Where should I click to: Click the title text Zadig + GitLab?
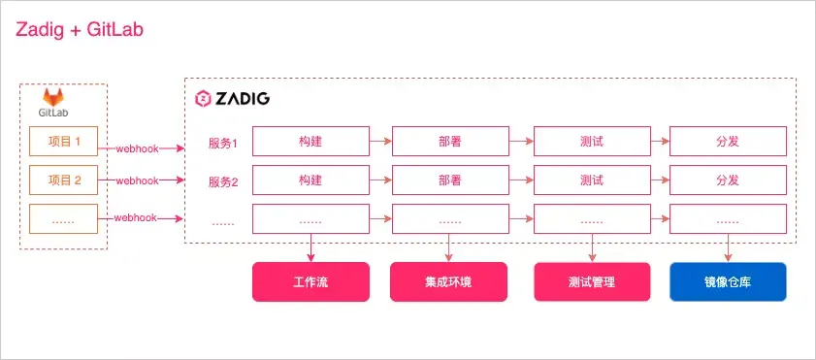(79, 30)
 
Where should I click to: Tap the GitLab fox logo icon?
(52, 98)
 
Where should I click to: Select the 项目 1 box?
(65, 142)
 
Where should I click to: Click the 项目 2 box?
(65, 180)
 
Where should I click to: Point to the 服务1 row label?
(223, 143)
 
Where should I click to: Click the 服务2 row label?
(223, 180)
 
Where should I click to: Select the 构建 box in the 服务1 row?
(310, 142)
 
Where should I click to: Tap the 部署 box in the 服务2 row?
(449, 180)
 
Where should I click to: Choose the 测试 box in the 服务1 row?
(592, 142)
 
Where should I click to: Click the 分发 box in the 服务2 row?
(728, 180)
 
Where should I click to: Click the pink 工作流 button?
(310, 282)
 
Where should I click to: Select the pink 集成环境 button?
(449, 282)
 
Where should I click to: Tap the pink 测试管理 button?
(592, 282)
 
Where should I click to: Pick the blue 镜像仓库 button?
(728, 282)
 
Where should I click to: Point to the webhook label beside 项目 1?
(137, 148)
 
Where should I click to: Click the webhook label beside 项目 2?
(137, 180)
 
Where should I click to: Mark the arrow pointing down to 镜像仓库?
(728, 247)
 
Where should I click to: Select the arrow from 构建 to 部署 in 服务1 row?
(380, 142)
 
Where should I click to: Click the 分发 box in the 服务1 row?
(728, 142)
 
